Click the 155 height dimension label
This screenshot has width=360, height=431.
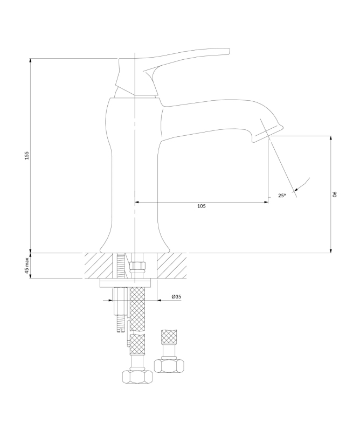(27, 155)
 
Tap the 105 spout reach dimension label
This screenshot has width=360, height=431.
(202, 206)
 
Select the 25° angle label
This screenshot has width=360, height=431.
(282, 196)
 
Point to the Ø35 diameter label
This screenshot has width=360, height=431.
(176, 297)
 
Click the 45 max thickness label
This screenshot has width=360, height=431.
(27, 266)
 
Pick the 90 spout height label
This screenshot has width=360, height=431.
(335, 194)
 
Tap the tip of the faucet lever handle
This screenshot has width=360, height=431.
(229, 50)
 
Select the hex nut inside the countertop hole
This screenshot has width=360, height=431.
(137, 266)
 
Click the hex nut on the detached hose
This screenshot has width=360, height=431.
(169, 366)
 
